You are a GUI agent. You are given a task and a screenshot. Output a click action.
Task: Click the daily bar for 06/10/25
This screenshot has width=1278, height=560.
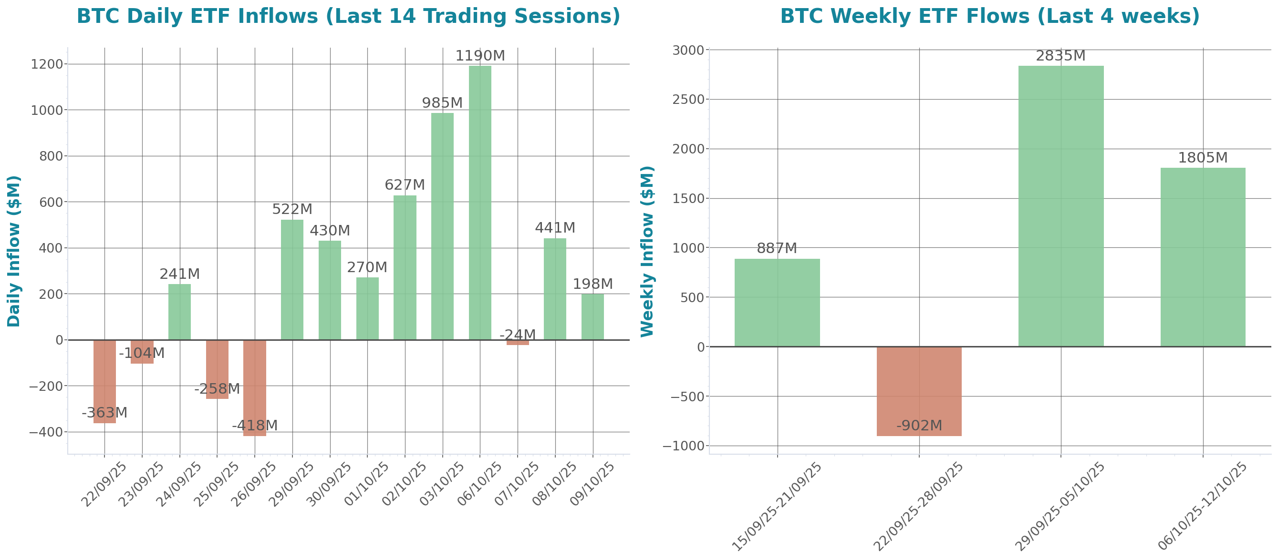[480, 203]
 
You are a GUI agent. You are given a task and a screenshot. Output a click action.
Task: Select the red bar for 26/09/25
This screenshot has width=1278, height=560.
[255, 387]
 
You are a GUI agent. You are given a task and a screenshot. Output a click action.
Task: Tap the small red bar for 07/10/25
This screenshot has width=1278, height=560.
[518, 343]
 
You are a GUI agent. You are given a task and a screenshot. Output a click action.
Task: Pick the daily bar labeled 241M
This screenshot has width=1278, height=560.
[179, 312]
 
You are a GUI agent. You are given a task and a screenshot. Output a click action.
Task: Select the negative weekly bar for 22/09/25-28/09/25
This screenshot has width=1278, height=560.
[919, 391]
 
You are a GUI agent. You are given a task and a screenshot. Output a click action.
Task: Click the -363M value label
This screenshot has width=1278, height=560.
[104, 412]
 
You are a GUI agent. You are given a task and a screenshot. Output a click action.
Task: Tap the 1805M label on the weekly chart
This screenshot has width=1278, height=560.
[1203, 158]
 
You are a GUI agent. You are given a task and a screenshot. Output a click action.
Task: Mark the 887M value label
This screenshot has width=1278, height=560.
[777, 248]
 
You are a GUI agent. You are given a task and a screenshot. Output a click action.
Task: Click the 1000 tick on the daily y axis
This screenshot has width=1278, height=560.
[47, 110]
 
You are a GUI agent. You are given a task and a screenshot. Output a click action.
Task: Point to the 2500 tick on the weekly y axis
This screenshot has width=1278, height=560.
[688, 100]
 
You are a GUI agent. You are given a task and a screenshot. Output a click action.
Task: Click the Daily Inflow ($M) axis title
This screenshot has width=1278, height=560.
[14, 251]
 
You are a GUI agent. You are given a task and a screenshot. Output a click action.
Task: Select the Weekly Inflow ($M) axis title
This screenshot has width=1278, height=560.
[647, 251]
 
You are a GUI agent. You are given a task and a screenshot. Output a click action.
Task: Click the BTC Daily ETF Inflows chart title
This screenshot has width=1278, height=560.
[348, 16]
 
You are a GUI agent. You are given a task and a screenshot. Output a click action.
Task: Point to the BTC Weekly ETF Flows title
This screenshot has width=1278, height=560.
[990, 16]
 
